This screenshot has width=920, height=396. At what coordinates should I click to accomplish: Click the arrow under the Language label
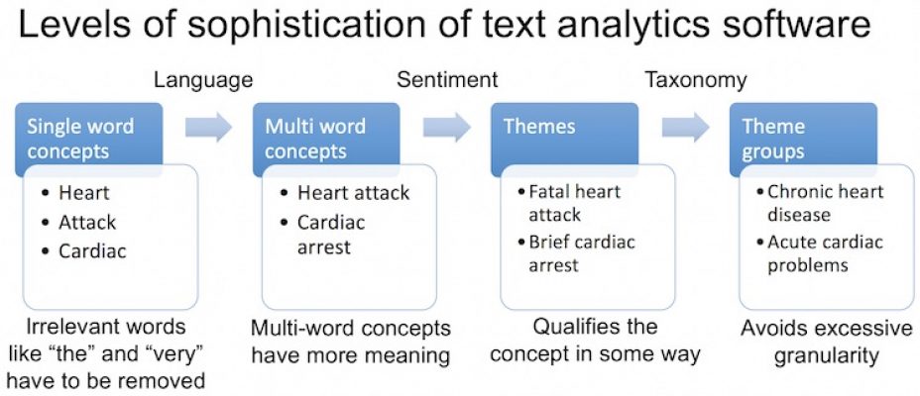tap(208, 127)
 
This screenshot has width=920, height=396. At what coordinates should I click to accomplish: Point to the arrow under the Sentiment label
tap(447, 127)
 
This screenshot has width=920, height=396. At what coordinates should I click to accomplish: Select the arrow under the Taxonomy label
tap(686, 127)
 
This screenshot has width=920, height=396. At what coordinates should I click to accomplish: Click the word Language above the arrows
tap(203, 80)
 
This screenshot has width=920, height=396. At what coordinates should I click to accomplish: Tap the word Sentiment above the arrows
tap(447, 80)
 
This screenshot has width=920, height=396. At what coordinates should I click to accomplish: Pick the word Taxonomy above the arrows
tap(695, 80)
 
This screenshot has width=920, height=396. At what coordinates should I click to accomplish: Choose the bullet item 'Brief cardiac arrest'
tap(581, 253)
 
